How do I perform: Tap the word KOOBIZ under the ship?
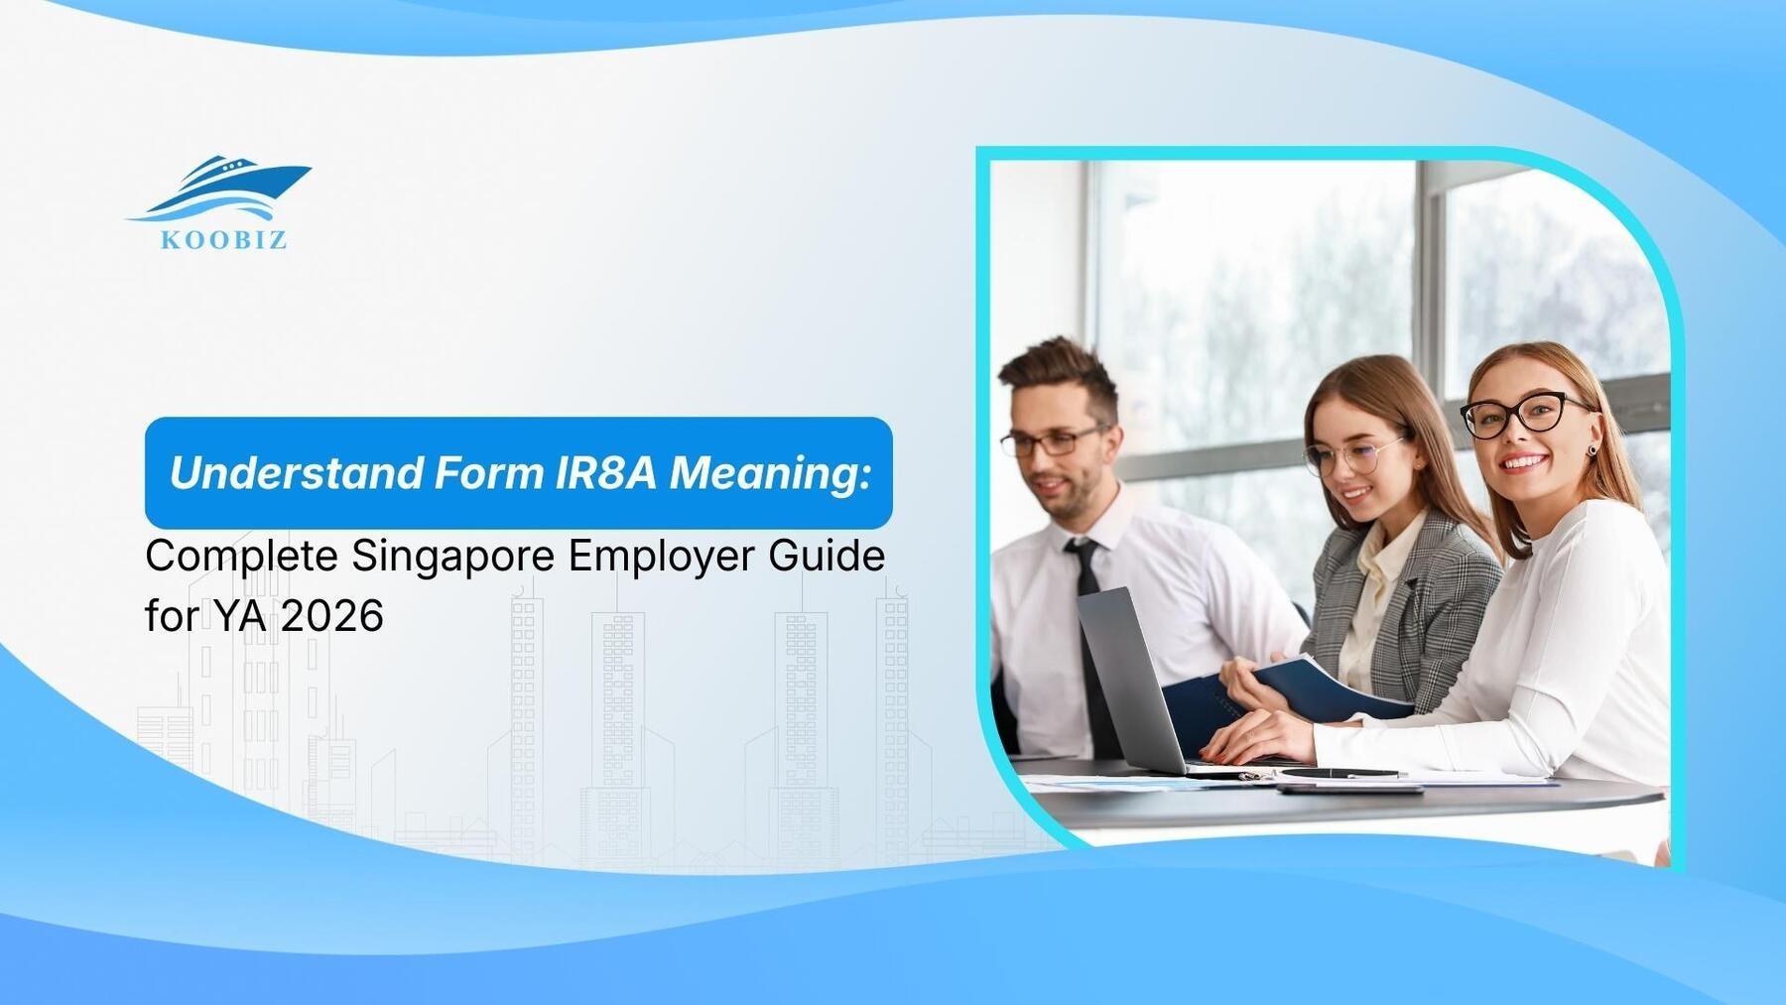(x=224, y=239)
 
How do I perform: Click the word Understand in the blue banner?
(x=296, y=473)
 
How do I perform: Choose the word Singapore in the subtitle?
(x=453, y=557)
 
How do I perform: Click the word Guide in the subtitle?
(x=827, y=555)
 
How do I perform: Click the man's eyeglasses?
(x=1052, y=440)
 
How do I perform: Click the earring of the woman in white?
(x=1593, y=449)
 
